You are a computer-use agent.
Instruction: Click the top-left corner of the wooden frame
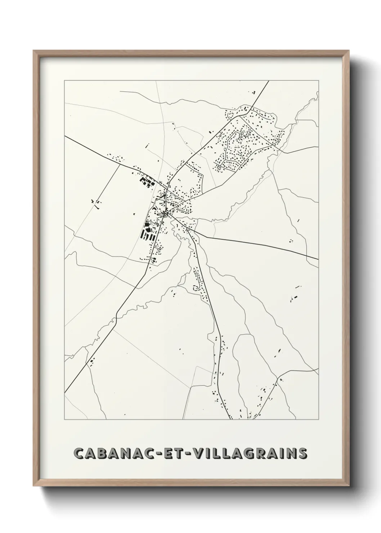(33, 51)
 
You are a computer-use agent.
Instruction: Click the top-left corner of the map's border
(64, 80)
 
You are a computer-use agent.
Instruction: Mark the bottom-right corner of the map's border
(318, 420)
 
